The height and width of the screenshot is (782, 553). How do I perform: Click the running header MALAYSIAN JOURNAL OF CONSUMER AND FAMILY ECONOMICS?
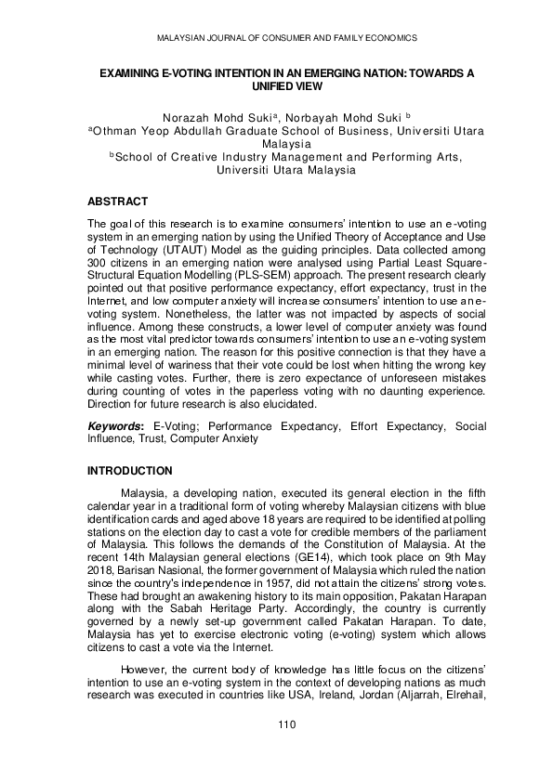click(276, 38)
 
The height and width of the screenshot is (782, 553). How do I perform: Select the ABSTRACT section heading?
click(117, 201)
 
